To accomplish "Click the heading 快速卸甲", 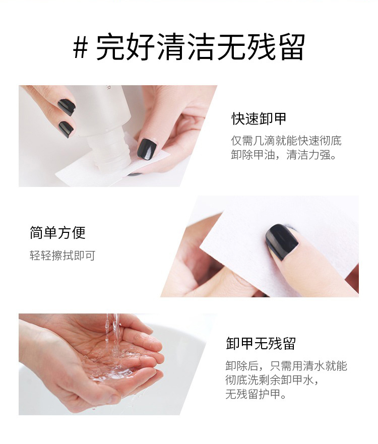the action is pos(259,118).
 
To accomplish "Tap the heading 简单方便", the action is pos(58,233).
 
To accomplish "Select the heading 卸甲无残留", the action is pos(261,344).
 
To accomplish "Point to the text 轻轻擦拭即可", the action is pos(62,256).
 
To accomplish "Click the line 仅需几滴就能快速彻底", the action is pos(286,141).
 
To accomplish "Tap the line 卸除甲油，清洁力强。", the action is pos(284,155).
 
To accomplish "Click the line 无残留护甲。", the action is pos(256,394).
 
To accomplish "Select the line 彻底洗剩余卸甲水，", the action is pos(272,379).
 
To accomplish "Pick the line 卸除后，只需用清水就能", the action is pos(286,365).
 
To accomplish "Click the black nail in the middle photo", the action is pos(282,242).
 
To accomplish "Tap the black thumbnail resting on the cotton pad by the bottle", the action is pos(147,149).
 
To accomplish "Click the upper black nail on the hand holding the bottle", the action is pos(67,107).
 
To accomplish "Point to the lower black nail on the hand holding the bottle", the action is pos(66,129).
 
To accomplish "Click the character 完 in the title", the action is pos(111,47).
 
